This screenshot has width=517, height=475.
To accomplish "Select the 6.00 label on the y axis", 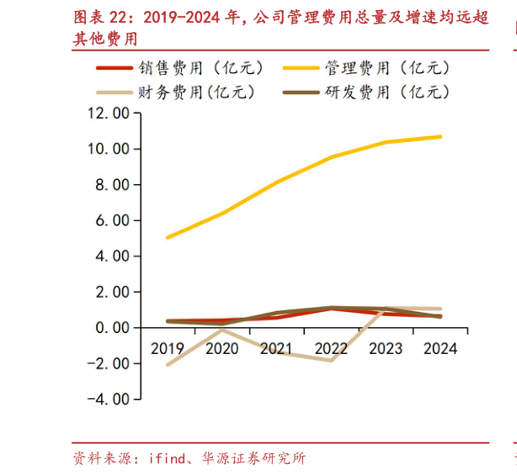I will click(111, 220).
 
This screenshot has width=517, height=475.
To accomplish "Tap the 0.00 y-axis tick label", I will click(111, 327).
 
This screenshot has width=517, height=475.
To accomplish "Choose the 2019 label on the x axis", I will click(168, 347).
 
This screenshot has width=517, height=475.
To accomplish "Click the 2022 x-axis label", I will click(331, 347).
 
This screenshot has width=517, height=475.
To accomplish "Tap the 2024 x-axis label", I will click(440, 347).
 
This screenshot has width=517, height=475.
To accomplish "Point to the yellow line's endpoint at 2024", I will click(440, 136).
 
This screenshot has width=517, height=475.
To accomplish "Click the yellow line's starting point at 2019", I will click(168, 238).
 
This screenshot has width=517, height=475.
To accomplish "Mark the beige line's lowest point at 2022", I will click(331, 361).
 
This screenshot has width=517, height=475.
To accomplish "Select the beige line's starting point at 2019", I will click(168, 365).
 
